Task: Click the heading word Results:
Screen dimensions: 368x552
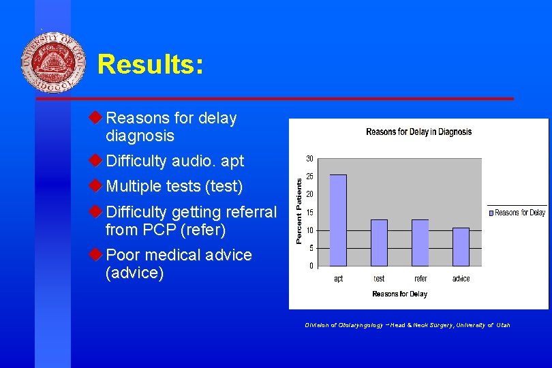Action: pyautogui.click(x=150, y=65)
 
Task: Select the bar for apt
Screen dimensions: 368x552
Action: pyautogui.click(x=338, y=220)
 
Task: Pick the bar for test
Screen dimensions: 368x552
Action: pyautogui.click(x=379, y=242)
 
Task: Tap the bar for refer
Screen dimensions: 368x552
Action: pyautogui.click(x=420, y=242)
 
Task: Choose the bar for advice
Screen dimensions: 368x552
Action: pyautogui.click(x=461, y=246)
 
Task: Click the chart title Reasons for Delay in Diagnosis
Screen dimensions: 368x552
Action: pyautogui.click(x=418, y=132)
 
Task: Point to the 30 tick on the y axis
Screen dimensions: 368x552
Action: pyautogui.click(x=309, y=159)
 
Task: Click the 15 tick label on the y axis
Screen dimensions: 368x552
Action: pyautogui.click(x=309, y=213)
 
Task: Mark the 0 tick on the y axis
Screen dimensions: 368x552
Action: pyautogui.click(x=311, y=266)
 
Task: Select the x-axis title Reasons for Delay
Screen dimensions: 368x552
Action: pyautogui.click(x=399, y=294)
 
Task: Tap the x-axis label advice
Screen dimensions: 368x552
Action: pyautogui.click(x=461, y=279)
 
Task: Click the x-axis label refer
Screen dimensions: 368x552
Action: pyautogui.click(x=420, y=279)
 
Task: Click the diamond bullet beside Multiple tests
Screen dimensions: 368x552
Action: pyautogui.click(x=95, y=185)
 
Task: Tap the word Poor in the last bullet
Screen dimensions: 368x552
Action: pyautogui.click(x=125, y=255)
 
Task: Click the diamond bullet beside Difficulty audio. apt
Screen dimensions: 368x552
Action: pyautogui.click(x=95, y=161)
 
